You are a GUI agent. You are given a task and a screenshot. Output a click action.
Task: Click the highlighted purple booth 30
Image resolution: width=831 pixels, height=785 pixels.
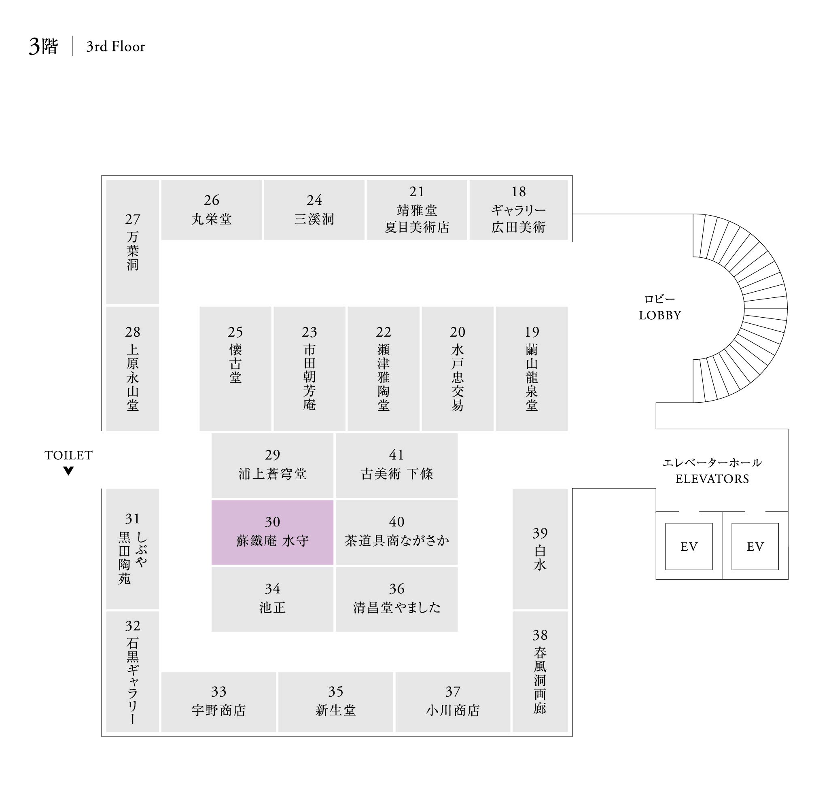coord(272,532)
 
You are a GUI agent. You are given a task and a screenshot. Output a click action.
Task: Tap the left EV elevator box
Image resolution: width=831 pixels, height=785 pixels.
coord(688,546)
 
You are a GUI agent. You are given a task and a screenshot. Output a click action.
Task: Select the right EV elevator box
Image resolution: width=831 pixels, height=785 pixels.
coord(755,546)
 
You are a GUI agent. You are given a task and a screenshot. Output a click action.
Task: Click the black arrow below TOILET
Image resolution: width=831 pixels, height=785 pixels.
coord(69,471)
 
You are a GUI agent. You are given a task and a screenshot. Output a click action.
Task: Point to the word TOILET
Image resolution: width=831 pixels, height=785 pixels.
coord(69,455)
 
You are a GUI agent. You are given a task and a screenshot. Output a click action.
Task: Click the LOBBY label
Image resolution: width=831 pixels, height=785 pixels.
coord(659,315)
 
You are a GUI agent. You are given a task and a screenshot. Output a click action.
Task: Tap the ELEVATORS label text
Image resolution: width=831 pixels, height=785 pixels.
coord(712,479)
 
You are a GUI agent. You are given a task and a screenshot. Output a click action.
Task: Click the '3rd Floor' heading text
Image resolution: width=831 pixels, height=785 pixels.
coord(115,47)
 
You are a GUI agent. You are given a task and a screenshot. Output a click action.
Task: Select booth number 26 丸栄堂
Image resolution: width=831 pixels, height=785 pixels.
coord(211,210)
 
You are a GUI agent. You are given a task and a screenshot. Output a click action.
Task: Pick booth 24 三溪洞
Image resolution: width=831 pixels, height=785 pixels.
coord(314,210)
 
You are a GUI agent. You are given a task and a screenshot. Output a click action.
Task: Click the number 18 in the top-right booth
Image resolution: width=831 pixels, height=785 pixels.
coord(518,192)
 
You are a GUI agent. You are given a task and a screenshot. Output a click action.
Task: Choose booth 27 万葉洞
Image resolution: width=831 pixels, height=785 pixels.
coord(133,242)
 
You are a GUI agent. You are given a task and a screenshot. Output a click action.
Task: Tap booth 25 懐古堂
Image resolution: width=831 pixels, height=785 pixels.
coord(235,368)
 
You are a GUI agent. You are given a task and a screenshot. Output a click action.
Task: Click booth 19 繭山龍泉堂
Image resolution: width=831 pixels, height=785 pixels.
coord(531,368)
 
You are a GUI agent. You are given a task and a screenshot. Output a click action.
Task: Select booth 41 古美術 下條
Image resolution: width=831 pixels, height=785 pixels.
coord(396,465)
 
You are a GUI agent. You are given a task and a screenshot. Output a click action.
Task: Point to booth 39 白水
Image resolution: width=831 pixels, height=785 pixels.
coord(540,548)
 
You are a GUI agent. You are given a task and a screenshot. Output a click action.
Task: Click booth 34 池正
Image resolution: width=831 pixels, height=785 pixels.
coord(272,599)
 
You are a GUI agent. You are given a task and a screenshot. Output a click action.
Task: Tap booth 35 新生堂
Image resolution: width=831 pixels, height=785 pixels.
coord(335,702)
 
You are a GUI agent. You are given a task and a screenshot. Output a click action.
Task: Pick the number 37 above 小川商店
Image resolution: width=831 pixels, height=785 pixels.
coord(453,692)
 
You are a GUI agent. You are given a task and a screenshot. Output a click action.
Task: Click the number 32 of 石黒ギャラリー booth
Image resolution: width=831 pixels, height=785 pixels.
coord(133,626)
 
